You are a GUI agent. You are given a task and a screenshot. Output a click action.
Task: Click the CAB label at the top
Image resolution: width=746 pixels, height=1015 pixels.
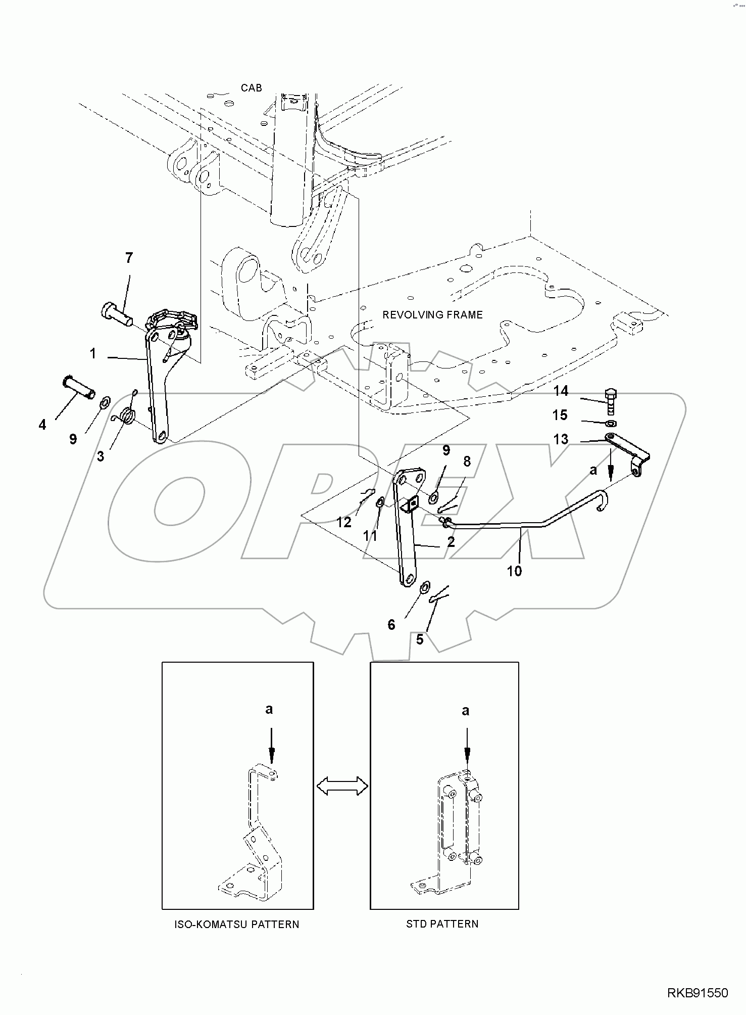pos(251,88)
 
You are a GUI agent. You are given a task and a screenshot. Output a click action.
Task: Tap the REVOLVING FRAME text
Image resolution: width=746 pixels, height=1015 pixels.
pos(432,315)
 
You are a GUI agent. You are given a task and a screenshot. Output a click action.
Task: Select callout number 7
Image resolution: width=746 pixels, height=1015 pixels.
pos(129,258)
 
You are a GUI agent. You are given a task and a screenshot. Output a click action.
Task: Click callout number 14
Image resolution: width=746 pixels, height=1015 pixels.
pos(561,391)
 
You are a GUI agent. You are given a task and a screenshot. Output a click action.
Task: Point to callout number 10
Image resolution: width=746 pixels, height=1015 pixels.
pos(514,571)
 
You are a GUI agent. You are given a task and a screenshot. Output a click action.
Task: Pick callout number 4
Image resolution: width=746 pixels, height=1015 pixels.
pos(42,425)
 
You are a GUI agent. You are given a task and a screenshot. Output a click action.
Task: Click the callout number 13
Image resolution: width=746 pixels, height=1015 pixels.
pos(561,439)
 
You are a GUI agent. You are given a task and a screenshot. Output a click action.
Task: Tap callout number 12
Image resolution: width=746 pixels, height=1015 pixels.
pos(343,522)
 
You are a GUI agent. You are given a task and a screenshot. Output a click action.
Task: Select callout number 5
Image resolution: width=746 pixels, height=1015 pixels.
pos(419,639)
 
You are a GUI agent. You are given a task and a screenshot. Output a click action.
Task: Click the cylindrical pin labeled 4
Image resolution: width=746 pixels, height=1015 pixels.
pos(79,387)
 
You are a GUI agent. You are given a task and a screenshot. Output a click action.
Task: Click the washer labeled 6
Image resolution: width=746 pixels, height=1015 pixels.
pos(425,587)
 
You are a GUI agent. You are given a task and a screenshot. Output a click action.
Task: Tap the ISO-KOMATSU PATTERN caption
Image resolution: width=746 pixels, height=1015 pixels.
pos(237,925)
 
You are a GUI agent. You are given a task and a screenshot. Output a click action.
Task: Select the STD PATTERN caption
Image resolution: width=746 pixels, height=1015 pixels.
pos(442,924)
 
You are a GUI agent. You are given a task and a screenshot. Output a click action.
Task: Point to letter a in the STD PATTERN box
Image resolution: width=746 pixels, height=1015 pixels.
pos(465,711)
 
